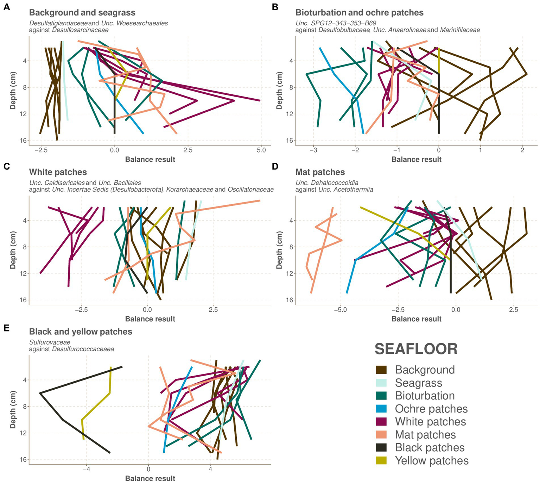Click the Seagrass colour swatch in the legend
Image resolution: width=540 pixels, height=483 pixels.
[x=381, y=383]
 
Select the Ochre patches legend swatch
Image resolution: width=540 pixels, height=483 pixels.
[x=381, y=409]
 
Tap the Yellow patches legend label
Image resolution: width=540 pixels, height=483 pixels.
[x=432, y=460]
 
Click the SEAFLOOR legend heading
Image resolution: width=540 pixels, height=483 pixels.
[x=416, y=349]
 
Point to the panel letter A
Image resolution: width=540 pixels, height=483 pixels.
[x=6, y=7]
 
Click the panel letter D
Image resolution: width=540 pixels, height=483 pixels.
[x=275, y=166]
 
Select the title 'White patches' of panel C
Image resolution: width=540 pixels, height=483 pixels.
[x=58, y=172]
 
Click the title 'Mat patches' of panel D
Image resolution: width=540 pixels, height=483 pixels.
[x=320, y=172]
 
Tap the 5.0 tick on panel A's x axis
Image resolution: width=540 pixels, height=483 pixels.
[x=261, y=150]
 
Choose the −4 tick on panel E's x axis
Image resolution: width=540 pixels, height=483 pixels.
[x=86, y=469]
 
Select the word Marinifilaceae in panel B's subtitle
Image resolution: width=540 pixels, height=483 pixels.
[x=460, y=30]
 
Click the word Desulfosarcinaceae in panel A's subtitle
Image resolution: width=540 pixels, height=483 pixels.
[x=80, y=30]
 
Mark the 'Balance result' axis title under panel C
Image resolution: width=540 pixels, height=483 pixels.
[x=150, y=319]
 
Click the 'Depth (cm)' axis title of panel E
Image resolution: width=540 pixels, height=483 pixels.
[x=13, y=409]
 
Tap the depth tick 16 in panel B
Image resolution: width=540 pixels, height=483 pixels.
[x=289, y=141]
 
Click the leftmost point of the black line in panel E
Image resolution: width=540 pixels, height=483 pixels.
[x=40, y=393]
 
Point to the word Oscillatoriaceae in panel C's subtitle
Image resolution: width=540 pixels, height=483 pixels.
[x=250, y=190]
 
